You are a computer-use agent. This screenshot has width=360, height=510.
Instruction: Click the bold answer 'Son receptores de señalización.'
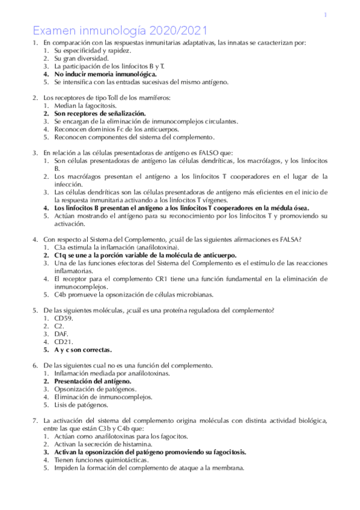[100, 113]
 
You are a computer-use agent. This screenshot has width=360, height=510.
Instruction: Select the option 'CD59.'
[64, 318]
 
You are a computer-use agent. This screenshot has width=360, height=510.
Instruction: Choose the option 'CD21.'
[64, 342]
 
